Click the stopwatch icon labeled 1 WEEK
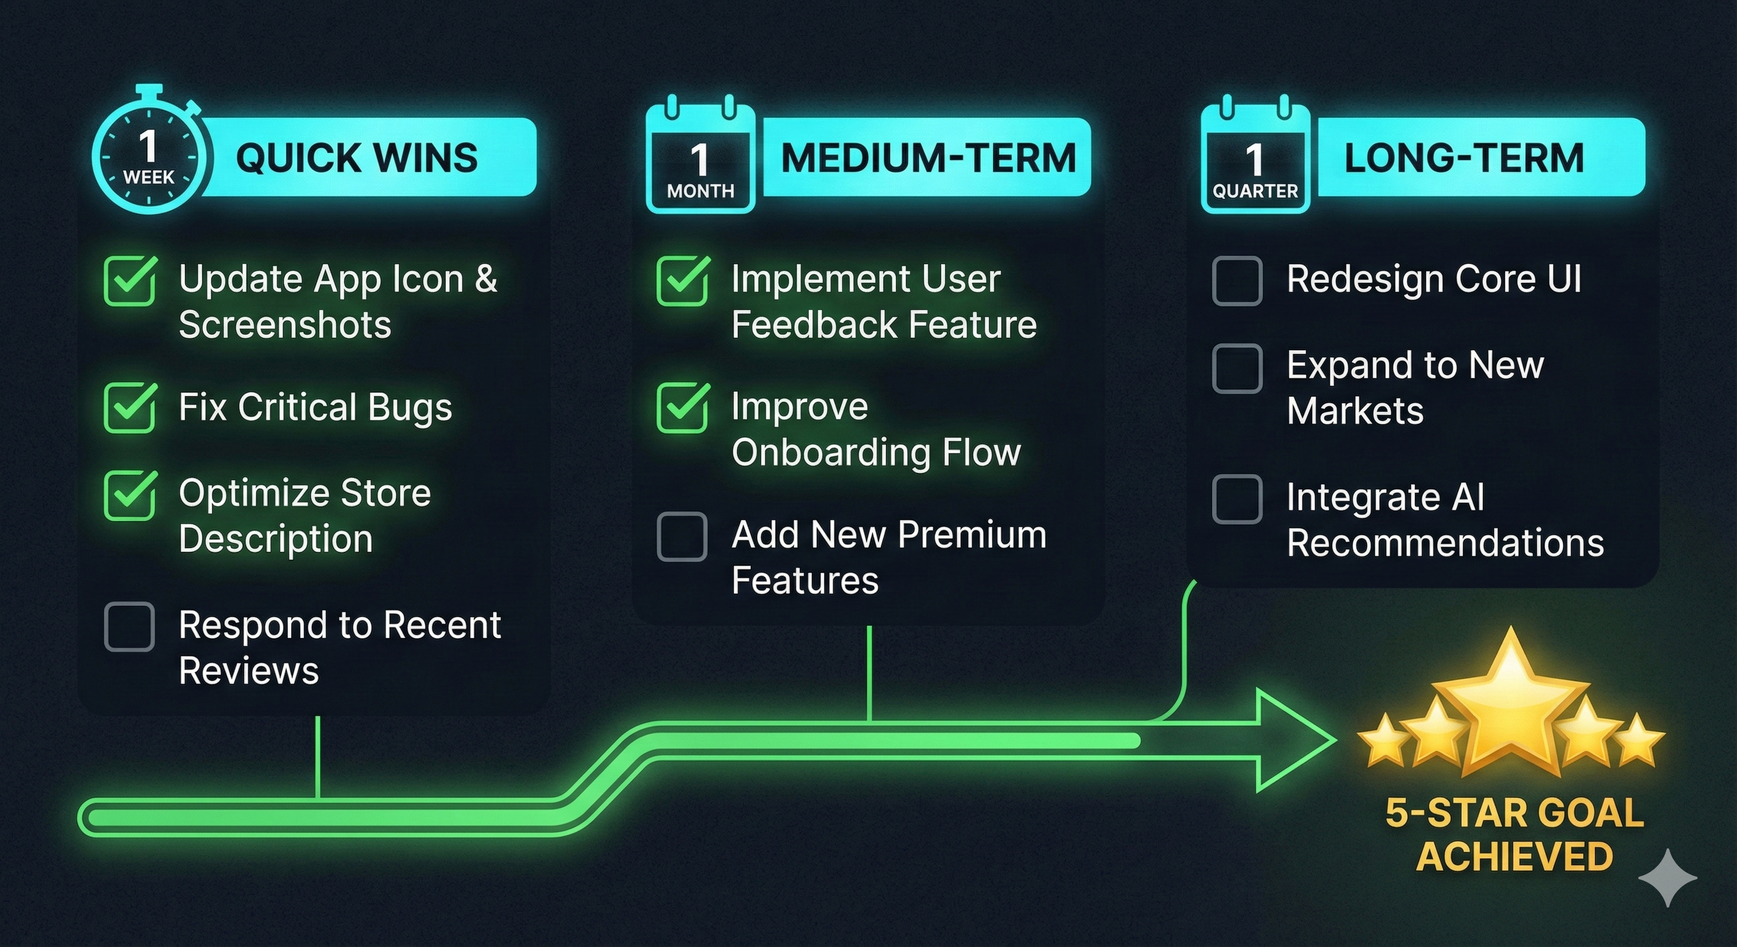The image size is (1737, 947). point(148,158)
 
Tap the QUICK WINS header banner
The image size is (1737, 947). point(357,157)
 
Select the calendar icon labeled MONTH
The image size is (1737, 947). point(700,162)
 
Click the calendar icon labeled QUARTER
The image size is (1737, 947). point(1255,162)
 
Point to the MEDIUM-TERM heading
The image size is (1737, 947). point(928,157)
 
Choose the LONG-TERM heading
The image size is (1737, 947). point(1463,157)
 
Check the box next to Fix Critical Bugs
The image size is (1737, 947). point(130,408)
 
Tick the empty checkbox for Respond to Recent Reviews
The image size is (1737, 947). point(130,626)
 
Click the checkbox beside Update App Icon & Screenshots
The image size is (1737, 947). point(130,281)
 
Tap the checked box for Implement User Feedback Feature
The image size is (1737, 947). point(682,281)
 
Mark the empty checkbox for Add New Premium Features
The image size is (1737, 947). point(682,536)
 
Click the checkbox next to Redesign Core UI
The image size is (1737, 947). point(1237,281)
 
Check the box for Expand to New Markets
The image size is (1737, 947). point(1237,368)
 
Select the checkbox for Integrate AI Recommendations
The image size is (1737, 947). point(1237,499)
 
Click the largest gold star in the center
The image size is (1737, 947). point(1511,708)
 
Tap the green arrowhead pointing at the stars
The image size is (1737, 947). point(1291,740)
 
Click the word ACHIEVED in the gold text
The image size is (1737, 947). point(1514,856)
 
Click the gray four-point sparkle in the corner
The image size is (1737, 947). point(1667,877)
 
